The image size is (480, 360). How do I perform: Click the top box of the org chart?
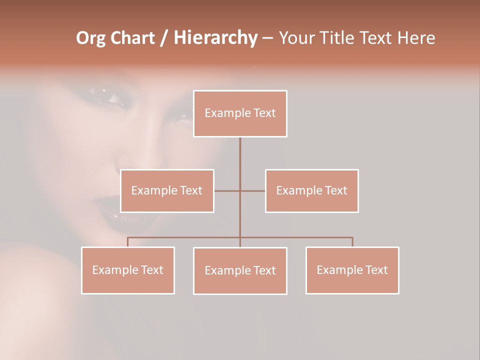(x=240, y=113)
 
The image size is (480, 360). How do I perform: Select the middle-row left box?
(x=167, y=190)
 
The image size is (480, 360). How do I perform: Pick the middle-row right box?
(x=311, y=190)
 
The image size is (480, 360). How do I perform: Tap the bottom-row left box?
(x=127, y=270)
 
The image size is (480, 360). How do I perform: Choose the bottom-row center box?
(x=240, y=270)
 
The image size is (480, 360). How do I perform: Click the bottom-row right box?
(x=352, y=270)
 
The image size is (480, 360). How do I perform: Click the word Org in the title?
(x=89, y=38)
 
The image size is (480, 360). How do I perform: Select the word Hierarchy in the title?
(x=215, y=38)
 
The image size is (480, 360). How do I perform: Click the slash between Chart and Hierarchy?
(x=164, y=38)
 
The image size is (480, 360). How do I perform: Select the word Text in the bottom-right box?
(x=376, y=270)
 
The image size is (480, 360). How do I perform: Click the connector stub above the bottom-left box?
(x=127, y=242)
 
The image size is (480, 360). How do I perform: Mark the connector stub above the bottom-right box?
(x=352, y=242)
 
